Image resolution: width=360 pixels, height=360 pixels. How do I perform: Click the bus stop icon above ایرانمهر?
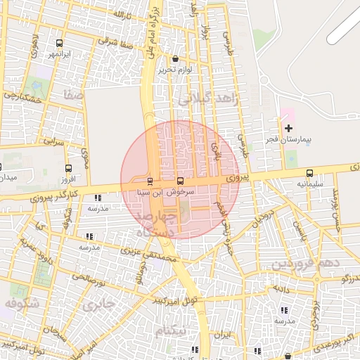(58, 43)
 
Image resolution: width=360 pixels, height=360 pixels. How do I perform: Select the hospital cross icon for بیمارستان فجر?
(289, 128)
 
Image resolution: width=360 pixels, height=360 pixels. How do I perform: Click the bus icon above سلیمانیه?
(309, 173)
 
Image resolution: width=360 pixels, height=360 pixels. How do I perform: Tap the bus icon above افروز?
(68, 168)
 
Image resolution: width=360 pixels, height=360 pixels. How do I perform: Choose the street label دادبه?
(282, 288)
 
